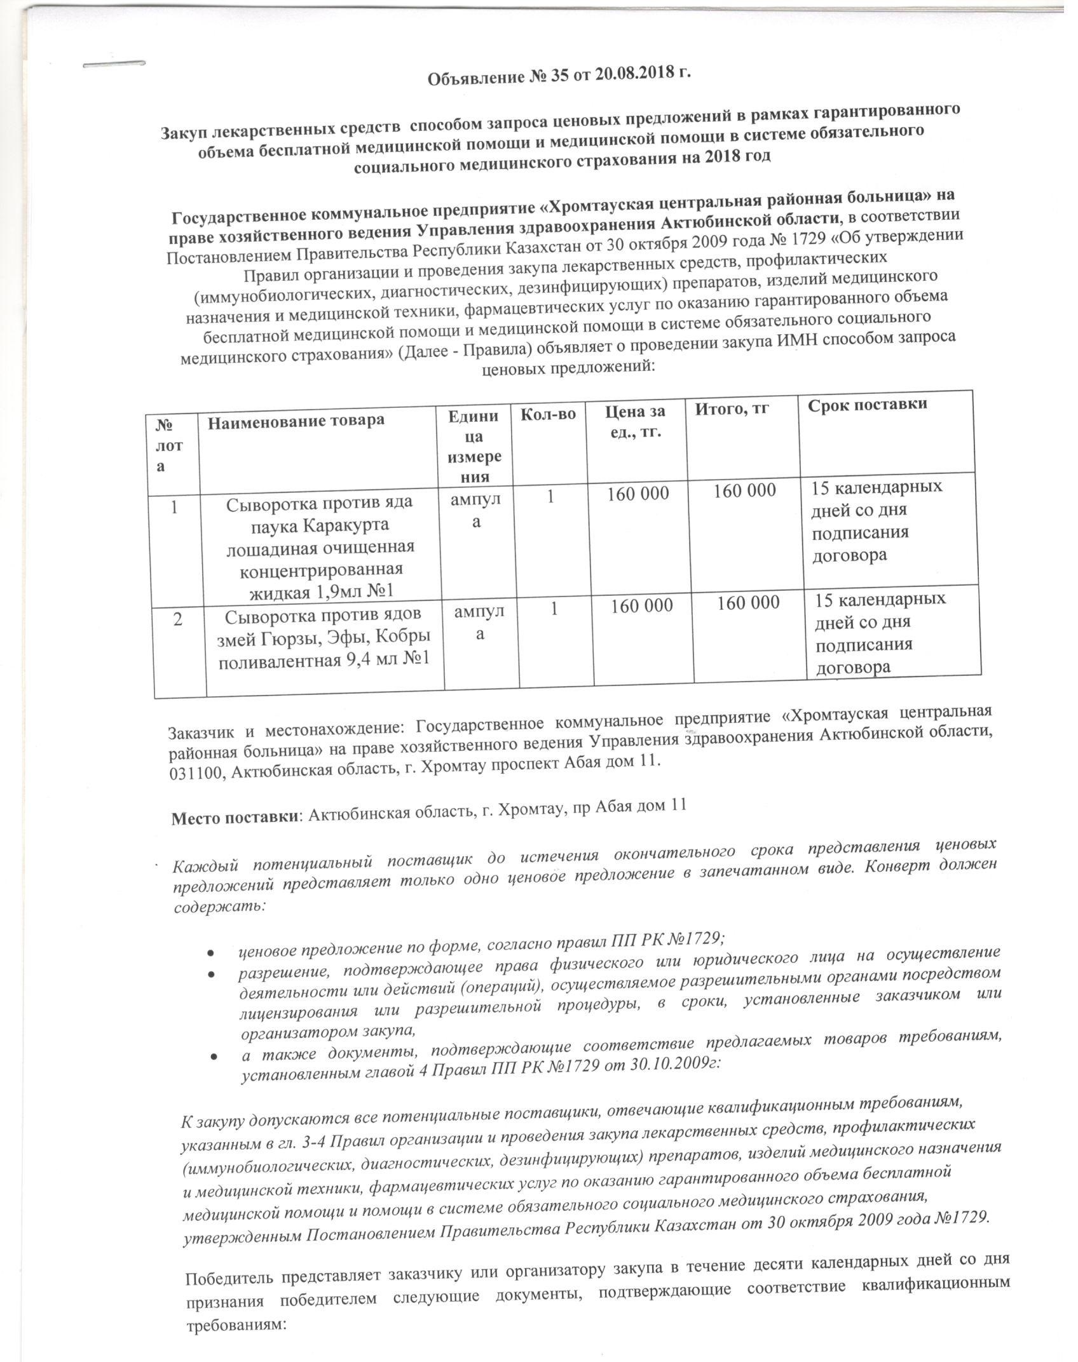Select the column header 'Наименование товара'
(x=296, y=420)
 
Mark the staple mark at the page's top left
(x=114, y=65)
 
